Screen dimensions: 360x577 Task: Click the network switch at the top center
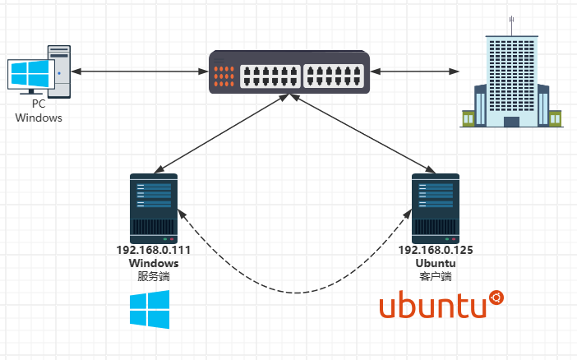[288, 72]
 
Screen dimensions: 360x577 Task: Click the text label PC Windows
[39, 111]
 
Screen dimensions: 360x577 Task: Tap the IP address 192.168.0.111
[154, 251]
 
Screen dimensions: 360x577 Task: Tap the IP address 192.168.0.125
[436, 251]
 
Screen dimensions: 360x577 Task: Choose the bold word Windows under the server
[154, 264]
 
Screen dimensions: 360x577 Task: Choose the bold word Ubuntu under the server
[436, 264]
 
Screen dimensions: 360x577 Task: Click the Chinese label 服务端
[154, 277]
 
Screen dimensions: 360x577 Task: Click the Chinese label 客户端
[436, 277]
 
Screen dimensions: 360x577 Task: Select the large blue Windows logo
[150, 310]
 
